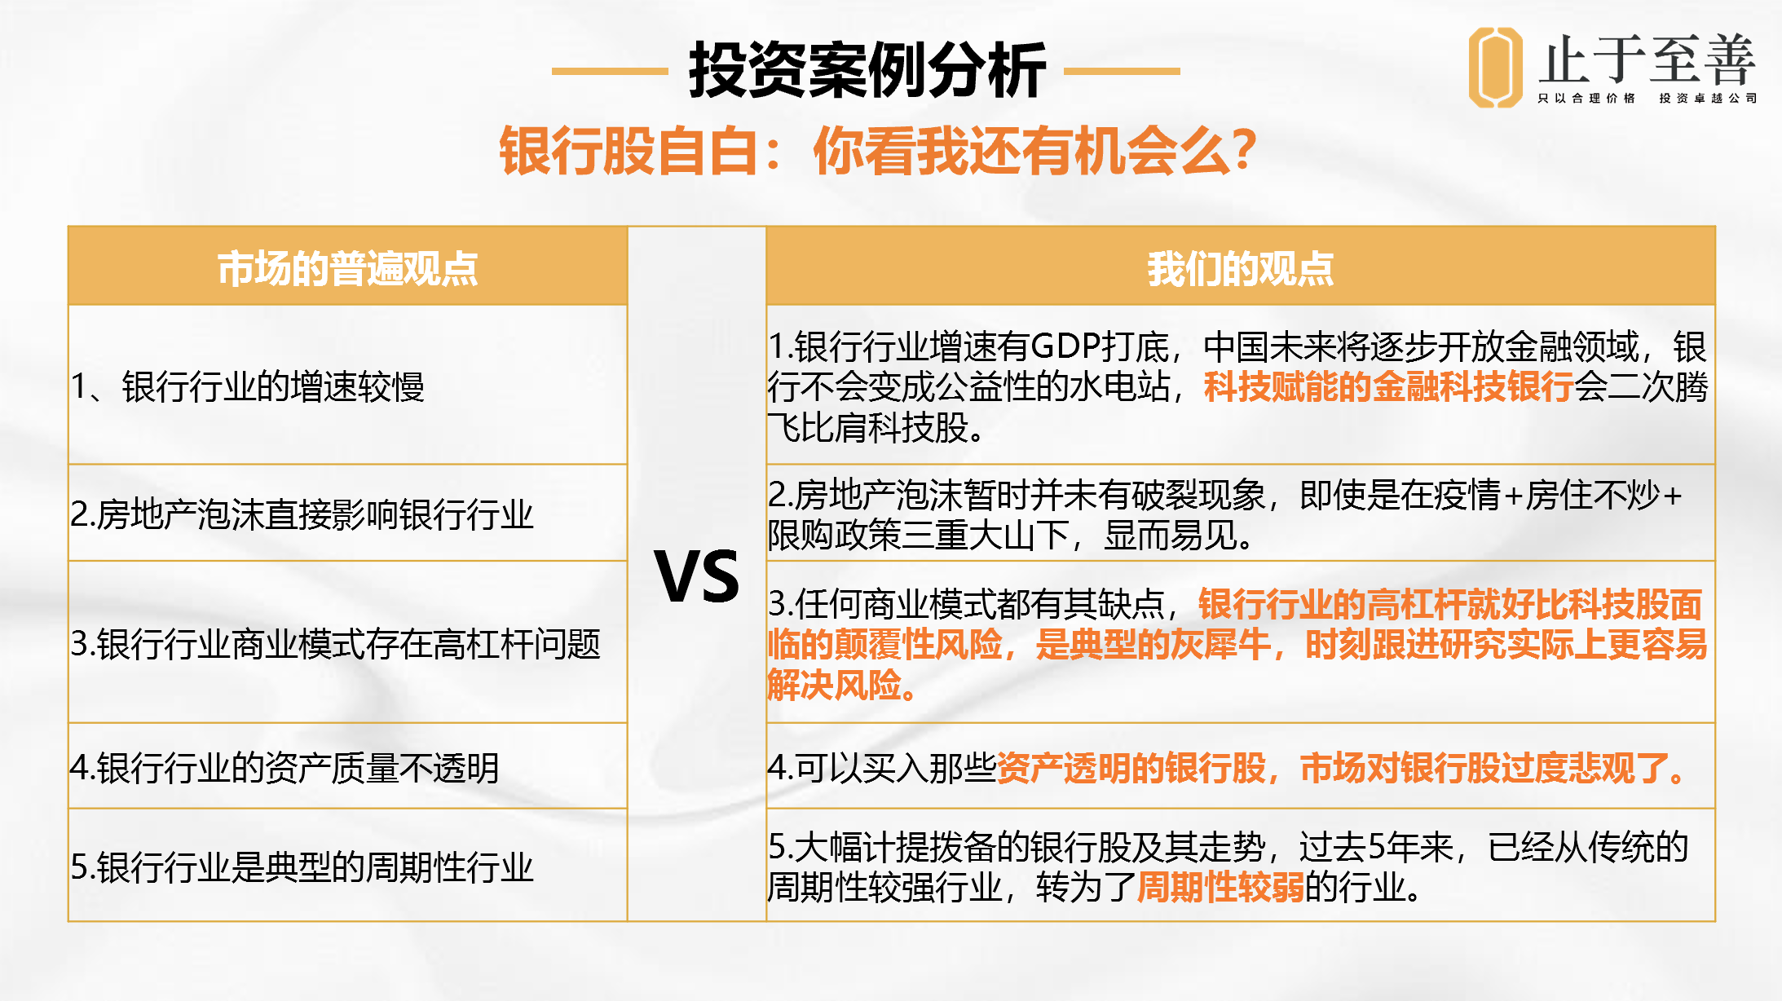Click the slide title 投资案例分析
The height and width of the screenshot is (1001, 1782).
coord(867,70)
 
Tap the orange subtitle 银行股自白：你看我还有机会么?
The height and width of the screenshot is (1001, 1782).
coord(878,151)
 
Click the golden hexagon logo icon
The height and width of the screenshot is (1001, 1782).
coord(1495,67)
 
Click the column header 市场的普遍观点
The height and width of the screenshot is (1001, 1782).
coord(347,268)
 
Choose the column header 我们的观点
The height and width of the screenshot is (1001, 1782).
coord(1240,268)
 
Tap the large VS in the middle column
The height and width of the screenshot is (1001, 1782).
coord(697,576)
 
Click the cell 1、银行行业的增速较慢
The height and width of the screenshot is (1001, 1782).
coord(248,386)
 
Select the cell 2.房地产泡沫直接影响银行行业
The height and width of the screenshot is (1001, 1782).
coord(302,514)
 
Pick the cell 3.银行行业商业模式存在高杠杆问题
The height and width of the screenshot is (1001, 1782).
coord(336,644)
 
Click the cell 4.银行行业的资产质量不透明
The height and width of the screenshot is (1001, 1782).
coord(285,768)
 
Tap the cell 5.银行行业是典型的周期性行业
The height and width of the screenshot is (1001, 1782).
coord(302,867)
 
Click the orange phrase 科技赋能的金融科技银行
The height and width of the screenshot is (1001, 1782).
coord(1388,386)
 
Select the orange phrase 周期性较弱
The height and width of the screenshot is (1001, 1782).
coord(1220,887)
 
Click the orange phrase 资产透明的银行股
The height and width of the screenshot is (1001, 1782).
coord(1131,768)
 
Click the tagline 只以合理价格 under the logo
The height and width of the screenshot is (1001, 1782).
coord(1586,99)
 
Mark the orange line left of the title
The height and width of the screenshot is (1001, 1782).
coord(610,71)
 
